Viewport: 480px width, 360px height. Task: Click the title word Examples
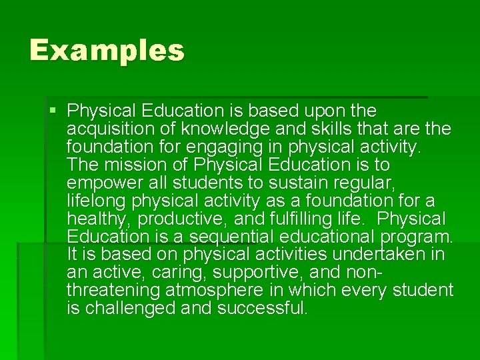[107, 51]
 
